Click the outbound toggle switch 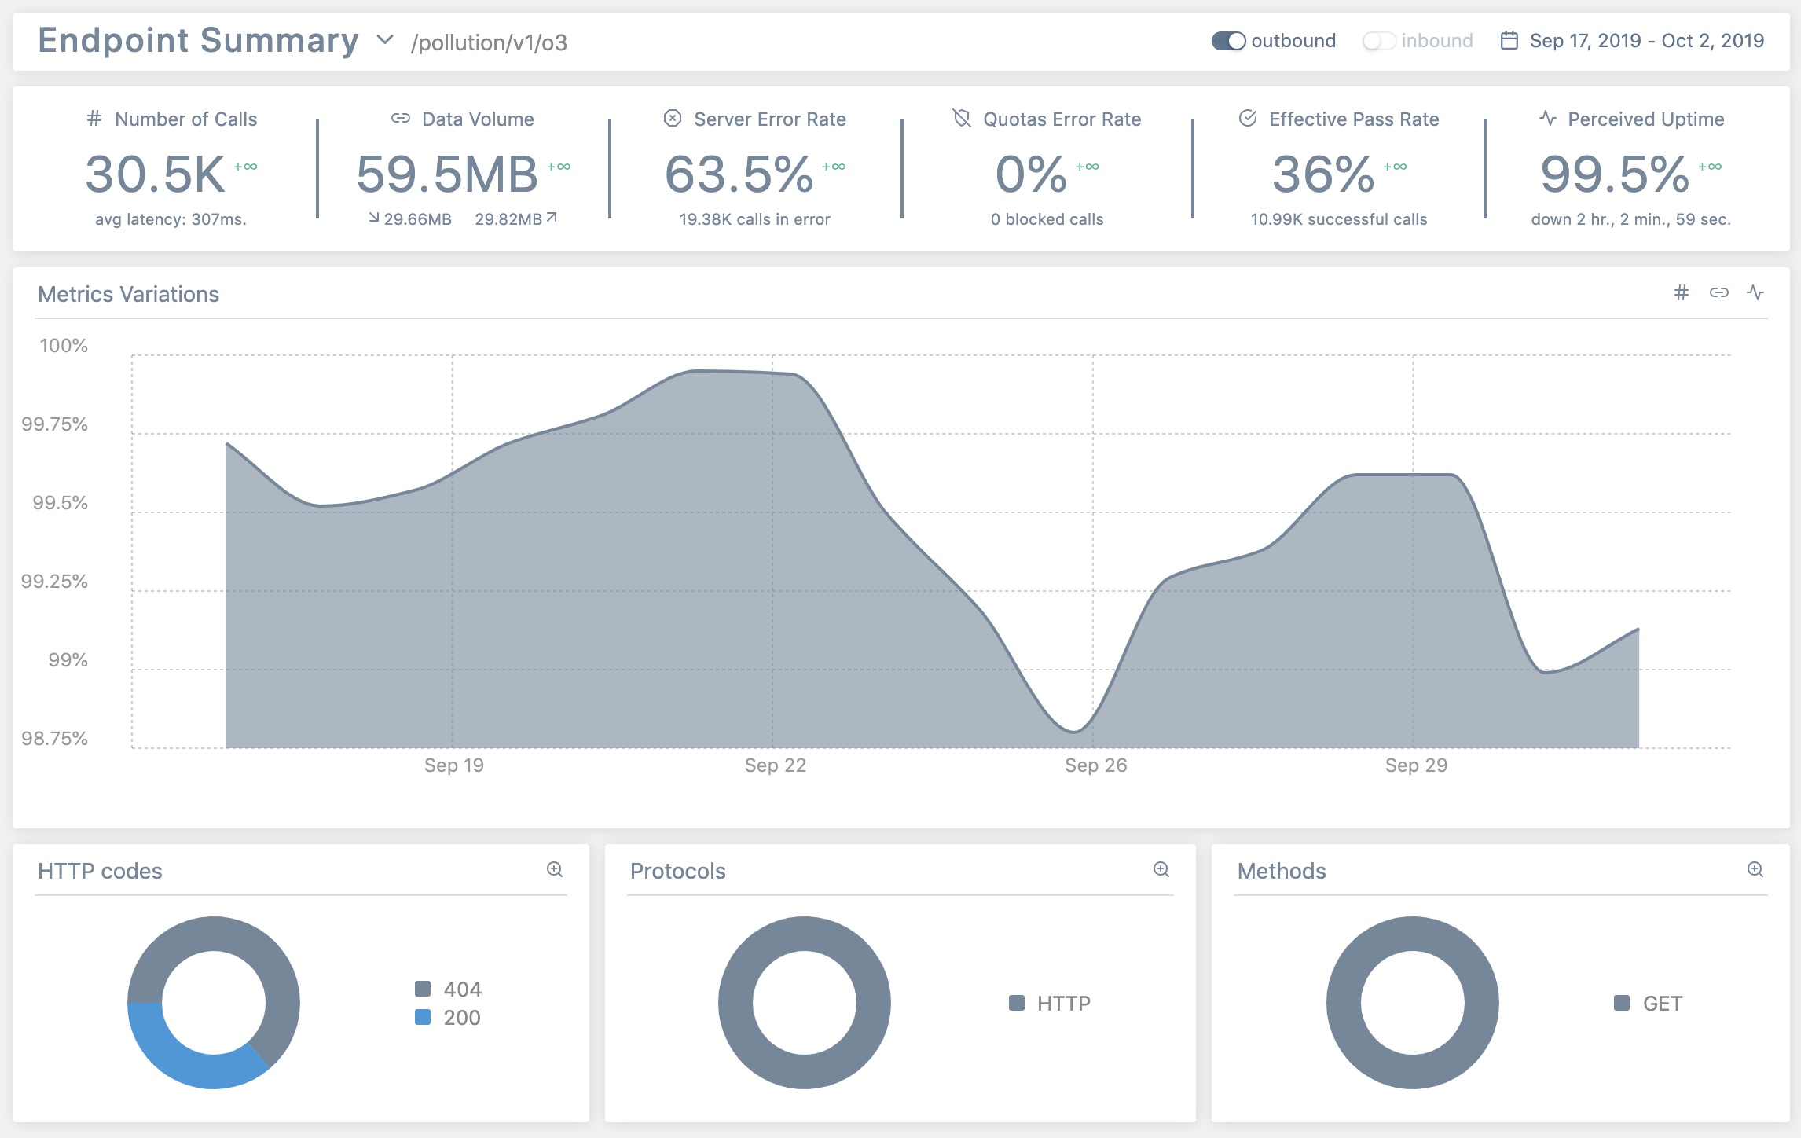1228,41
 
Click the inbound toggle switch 1378,41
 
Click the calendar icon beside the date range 1509,41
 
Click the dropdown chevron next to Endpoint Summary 385,40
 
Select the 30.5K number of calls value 156,174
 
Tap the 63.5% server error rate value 739,174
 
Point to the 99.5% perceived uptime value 1614,174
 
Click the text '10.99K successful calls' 1338,220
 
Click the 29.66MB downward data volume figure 417,220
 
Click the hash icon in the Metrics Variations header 1681,293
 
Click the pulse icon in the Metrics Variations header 1755,293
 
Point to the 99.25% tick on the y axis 55,582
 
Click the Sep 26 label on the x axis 1095,765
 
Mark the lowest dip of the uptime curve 1074,731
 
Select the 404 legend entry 461,989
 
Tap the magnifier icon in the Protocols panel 1161,869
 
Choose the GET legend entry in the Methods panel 1661,1004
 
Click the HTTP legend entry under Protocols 1062,1004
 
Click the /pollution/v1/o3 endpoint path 489,42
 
